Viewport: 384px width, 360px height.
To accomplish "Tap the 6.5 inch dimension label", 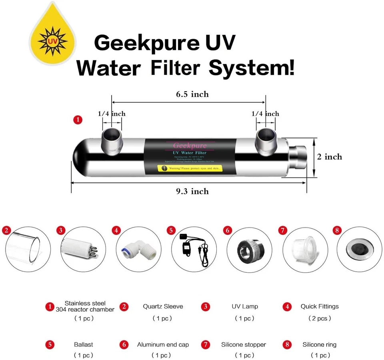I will point(192,94).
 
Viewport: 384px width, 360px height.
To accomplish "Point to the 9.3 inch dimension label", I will point(192,191).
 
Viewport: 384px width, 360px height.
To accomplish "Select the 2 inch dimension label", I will point(330,157).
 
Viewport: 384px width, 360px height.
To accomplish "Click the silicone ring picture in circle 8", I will point(357,248).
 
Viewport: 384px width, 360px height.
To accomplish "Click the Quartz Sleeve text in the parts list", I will point(163,306).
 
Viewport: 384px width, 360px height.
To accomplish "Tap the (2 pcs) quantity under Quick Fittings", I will point(320,318).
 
